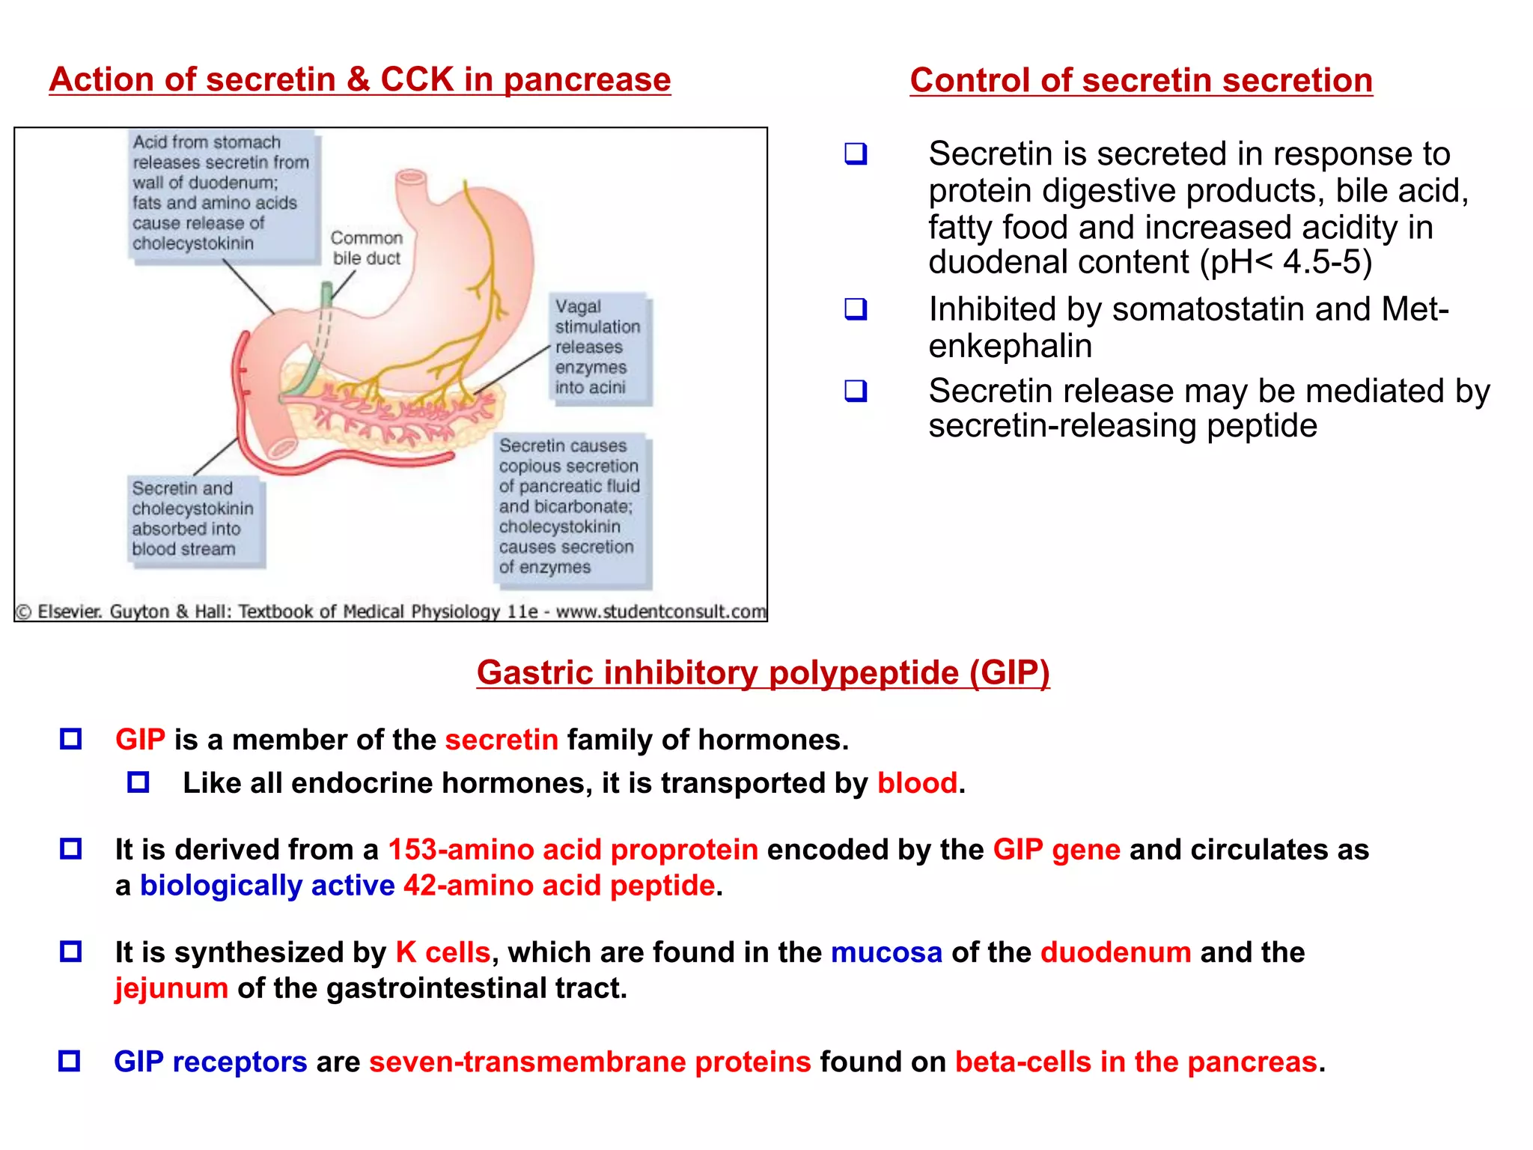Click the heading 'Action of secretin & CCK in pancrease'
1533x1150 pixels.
(x=359, y=79)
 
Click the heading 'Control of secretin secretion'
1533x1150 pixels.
(x=1141, y=80)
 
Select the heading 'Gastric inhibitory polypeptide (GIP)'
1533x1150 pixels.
(x=763, y=672)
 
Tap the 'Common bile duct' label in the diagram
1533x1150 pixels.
(x=367, y=248)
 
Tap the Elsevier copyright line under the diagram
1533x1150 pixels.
(x=391, y=612)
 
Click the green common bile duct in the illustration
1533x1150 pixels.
(x=314, y=352)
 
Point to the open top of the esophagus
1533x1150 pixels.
(x=411, y=177)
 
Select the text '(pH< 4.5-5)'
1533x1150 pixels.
(x=1286, y=262)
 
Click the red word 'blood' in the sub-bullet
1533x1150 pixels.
(x=917, y=783)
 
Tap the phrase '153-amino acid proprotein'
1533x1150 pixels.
(x=573, y=850)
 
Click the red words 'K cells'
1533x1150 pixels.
(x=442, y=952)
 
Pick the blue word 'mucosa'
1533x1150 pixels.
(x=886, y=952)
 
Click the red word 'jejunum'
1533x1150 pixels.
(x=171, y=988)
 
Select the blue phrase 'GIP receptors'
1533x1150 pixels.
(x=210, y=1062)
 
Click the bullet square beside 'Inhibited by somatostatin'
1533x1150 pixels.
(x=856, y=309)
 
